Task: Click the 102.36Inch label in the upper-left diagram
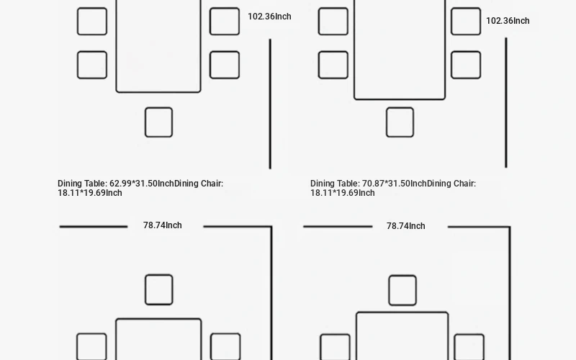click(x=269, y=17)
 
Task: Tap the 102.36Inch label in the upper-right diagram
click(x=508, y=21)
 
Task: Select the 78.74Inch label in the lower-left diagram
click(x=163, y=225)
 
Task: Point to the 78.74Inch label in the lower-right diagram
click(x=405, y=226)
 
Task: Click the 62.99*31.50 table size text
click(x=133, y=184)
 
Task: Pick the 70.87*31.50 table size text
click(x=386, y=184)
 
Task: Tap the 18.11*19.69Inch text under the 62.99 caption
click(x=89, y=193)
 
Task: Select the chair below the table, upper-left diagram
click(x=158, y=122)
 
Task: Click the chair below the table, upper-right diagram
click(x=400, y=122)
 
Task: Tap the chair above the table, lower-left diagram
click(x=159, y=289)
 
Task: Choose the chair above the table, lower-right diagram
click(x=402, y=290)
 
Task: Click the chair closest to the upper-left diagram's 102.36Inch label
click(x=225, y=22)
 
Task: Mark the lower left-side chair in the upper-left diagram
click(x=92, y=65)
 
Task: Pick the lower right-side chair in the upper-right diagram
click(x=466, y=65)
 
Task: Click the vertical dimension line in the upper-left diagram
click(x=271, y=104)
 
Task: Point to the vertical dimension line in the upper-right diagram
click(x=506, y=102)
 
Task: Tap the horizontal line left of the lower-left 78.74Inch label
click(x=94, y=227)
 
